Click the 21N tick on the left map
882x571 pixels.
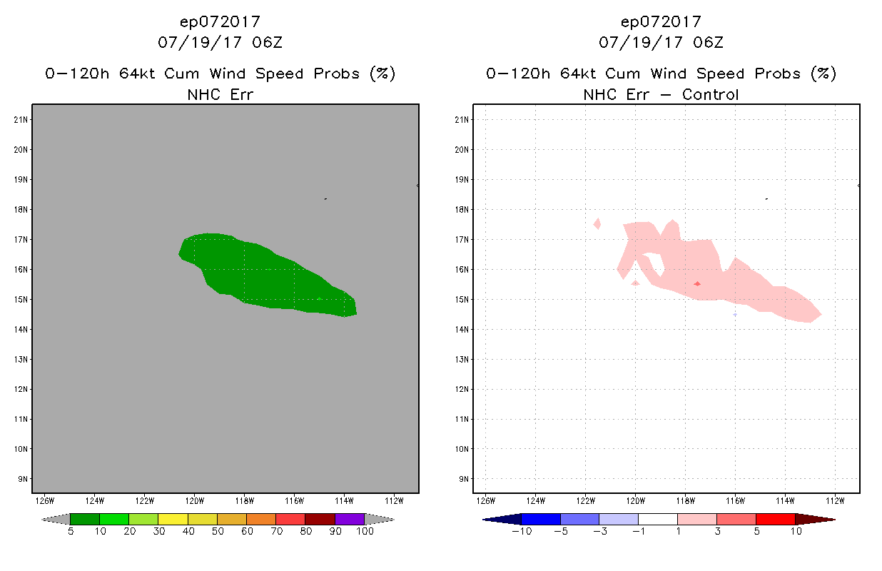click(21, 119)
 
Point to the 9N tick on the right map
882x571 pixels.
click(462, 479)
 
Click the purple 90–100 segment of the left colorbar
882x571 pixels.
click(350, 519)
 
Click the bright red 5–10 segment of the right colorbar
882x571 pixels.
click(775, 519)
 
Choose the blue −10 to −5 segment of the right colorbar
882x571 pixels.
click(541, 519)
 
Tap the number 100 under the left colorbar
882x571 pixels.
click(365, 532)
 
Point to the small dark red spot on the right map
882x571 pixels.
click(697, 283)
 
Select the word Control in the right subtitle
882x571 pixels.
click(710, 94)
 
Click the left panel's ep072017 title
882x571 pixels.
click(220, 21)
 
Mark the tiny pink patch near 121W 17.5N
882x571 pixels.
click(597, 223)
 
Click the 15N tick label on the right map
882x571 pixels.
click(462, 299)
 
